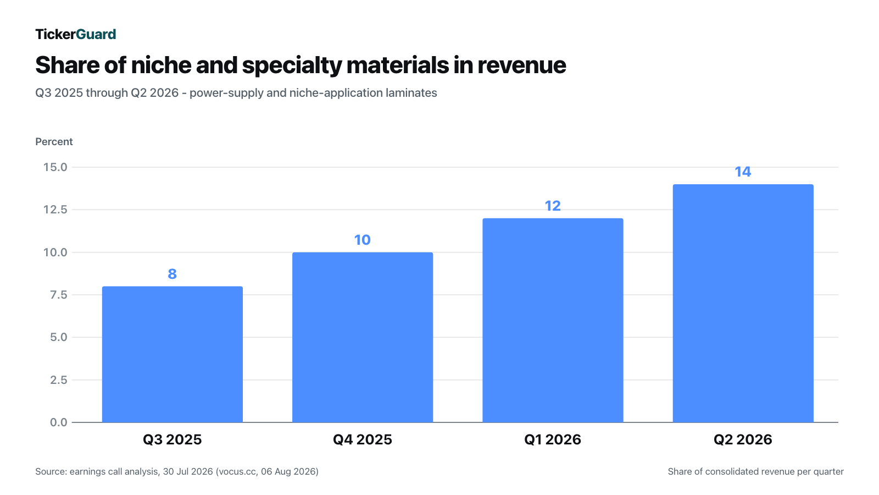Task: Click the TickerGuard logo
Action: (x=76, y=34)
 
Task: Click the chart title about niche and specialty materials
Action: (x=301, y=65)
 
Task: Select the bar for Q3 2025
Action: (x=173, y=354)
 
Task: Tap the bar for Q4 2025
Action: (x=363, y=338)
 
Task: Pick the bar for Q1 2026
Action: (x=553, y=321)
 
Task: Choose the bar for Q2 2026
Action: (x=743, y=303)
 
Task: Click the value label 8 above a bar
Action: (x=173, y=274)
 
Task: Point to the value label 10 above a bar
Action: (x=363, y=240)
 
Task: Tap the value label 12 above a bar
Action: (x=553, y=206)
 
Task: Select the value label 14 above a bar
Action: (x=743, y=172)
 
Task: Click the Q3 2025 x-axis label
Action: (x=173, y=439)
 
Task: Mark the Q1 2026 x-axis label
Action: (x=553, y=439)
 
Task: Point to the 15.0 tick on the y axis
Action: (x=55, y=167)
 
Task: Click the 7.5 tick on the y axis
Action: (x=58, y=295)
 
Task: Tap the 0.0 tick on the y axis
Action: (x=58, y=422)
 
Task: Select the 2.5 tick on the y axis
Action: (x=58, y=380)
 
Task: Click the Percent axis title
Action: (x=54, y=142)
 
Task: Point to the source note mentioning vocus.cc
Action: (x=177, y=471)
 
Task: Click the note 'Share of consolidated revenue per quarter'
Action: (x=756, y=471)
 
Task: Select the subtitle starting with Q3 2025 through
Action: (x=236, y=93)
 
